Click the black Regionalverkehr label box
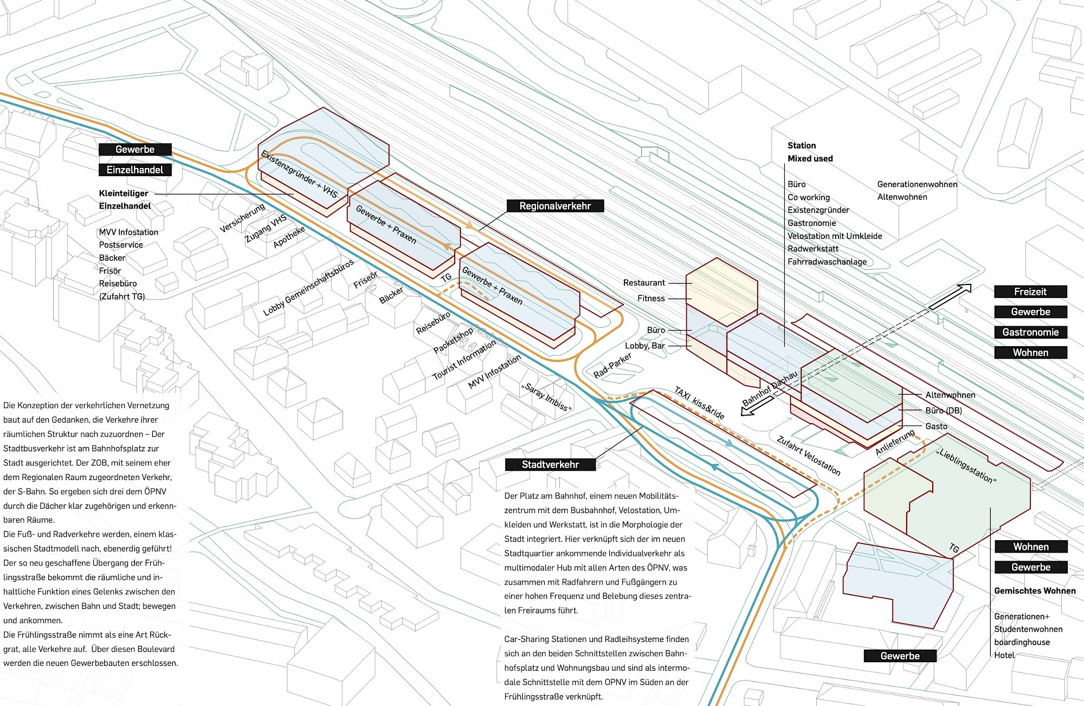click(555, 206)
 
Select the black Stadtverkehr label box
click(550, 464)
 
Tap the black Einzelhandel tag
click(135, 170)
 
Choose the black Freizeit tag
click(1030, 292)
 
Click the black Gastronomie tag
click(1030, 332)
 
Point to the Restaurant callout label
click(644, 283)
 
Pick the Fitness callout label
click(651, 299)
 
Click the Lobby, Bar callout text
click(644, 346)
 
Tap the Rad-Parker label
click(612, 365)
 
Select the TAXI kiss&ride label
click(699, 403)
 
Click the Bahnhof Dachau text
click(770, 388)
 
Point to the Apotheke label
click(289, 237)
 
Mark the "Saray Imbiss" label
click(546, 397)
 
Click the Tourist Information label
click(464, 360)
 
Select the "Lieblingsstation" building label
click(966, 466)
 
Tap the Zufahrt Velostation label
click(809, 456)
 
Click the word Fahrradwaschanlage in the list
click(827, 262)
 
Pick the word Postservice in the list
click(121, 245)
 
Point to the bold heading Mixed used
click(810, 159)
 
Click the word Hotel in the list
click(1004, 655)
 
